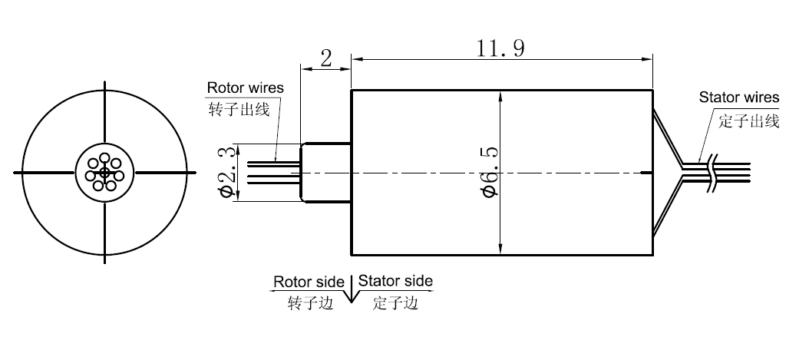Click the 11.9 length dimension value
coord(500,49)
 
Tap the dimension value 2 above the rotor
coord(326,58)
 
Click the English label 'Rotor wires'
coord(245,88)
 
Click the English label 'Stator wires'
coord(738,97)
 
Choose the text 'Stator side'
coord(395,281)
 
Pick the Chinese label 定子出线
coord(749,121)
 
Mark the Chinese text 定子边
coord(395,303)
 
